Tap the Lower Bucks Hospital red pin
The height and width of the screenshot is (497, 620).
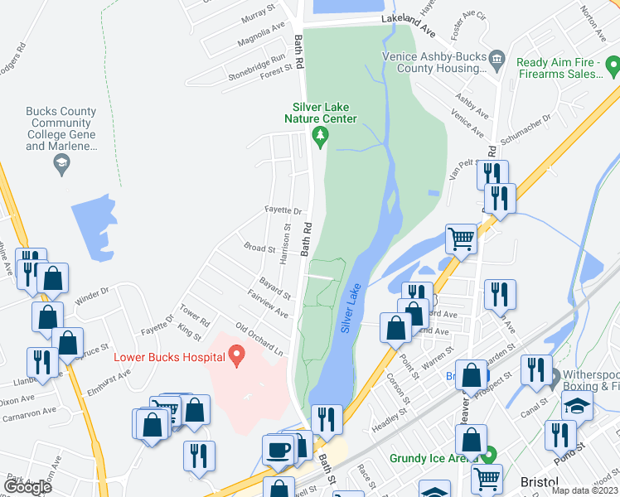pyautogui.click(x=237, y=357)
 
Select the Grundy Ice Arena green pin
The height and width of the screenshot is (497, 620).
pyautogui.click(x=489, y=455)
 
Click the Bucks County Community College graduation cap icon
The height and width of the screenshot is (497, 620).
pyautogui.click(x=61, y=164)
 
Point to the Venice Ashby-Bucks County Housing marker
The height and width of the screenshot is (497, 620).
pyautogui.click(x=497, y=58)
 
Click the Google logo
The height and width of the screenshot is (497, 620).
pyautogui.click(x=27, y=487)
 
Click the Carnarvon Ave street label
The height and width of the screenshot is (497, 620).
pyautogui.click(x=28, y=411)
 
